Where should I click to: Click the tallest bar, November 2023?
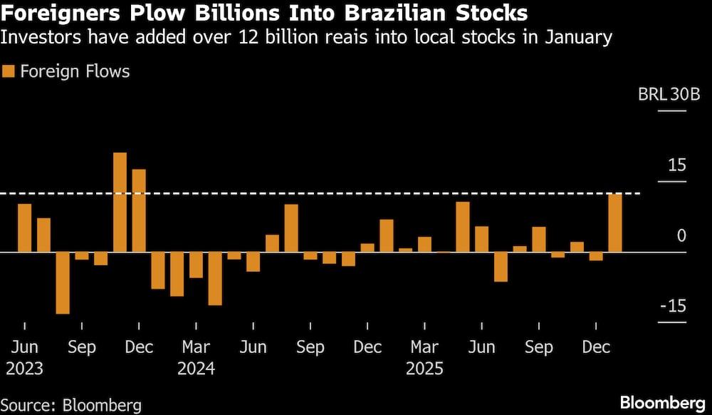tap(120, 203)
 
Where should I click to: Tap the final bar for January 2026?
tap(615, 222)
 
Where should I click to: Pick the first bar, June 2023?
tap(25, 228)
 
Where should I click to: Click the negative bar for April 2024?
tap(215, 278)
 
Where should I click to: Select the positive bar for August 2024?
tap(291, 228)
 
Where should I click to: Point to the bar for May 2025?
tap(463, 227)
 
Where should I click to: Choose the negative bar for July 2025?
tap(501, 267)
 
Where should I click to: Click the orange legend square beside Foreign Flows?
tap(9, 71)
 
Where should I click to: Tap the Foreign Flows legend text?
tap(75, 71)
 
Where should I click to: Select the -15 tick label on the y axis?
tap(673, 306)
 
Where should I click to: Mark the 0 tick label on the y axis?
tap(681, 236)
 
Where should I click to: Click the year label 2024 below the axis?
tap(196, 369)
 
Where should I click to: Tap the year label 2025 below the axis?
tap(424, 369)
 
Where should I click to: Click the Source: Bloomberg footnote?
tap(71, 404)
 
